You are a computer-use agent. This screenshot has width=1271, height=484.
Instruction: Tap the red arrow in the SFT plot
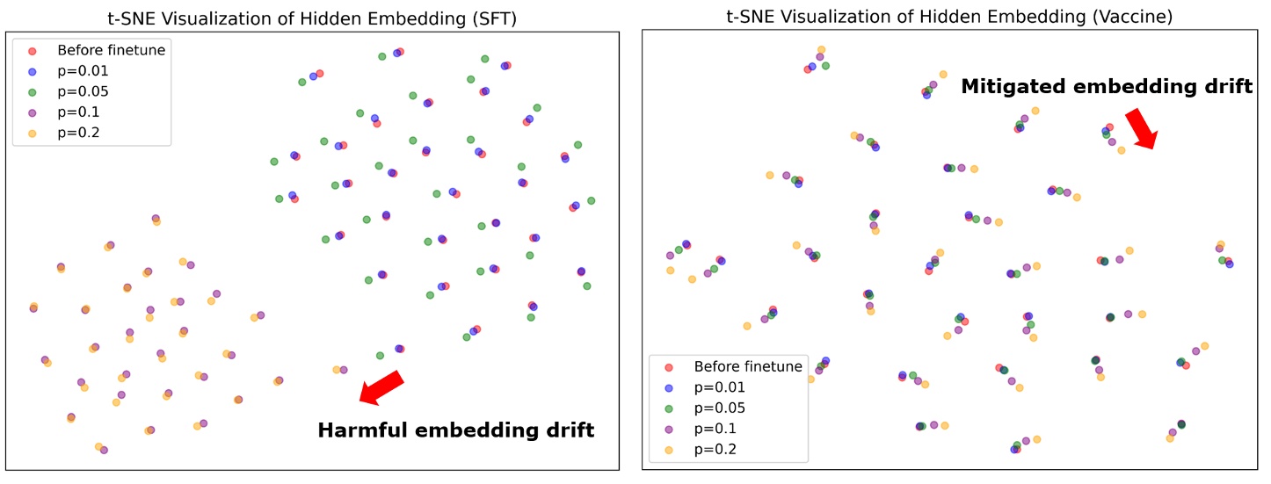(x=381, y=387)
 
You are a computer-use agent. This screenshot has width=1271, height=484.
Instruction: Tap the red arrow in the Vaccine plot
(x=1142, y=128)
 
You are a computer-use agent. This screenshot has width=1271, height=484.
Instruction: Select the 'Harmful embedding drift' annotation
(x=455, y=430)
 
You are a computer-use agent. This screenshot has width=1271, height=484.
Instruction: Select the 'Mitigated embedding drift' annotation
(x=1107, y=86)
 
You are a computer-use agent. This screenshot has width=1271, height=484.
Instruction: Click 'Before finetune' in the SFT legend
(x=111, y=50)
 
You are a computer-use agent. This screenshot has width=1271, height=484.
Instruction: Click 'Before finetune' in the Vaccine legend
(x=748, y=366)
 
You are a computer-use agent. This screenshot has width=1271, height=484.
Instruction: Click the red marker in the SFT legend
(x=33, y=50)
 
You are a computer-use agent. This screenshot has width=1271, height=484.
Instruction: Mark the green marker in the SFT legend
(x=33, y=91)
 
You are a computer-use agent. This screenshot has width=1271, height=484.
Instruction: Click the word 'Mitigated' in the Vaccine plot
(x=1009, y=86)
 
